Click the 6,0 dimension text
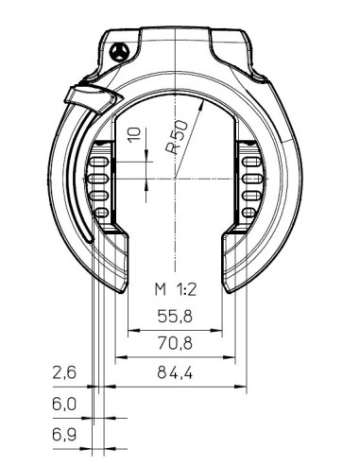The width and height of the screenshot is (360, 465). click(x=64, y=404)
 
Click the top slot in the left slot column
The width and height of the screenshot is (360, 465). click(x=98, y=162)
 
